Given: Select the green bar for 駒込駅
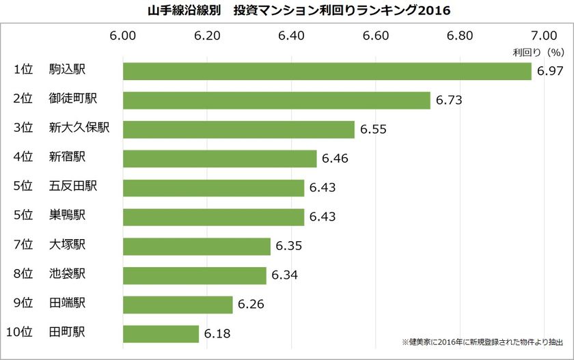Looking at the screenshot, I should (327, 71).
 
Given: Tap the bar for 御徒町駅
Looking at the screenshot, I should (276, 100).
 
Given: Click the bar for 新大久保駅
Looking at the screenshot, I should (238, 130).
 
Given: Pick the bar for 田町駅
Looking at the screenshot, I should (161, 334).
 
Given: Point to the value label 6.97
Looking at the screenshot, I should (550, 71).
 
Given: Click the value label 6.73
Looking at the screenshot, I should (449, 100).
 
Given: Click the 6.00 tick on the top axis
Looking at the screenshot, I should (123, 36).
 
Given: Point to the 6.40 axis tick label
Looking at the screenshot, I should (292, 36).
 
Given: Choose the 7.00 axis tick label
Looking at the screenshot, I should (545, 36).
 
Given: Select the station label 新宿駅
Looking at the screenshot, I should (67, 158).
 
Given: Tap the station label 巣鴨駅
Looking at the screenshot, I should (67, 216).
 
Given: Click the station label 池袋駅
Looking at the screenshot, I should (67, 275).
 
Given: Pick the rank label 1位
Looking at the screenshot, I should (23, 70).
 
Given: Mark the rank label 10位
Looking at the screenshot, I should (20, 333).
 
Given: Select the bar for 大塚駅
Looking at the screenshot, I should (197, 246).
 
